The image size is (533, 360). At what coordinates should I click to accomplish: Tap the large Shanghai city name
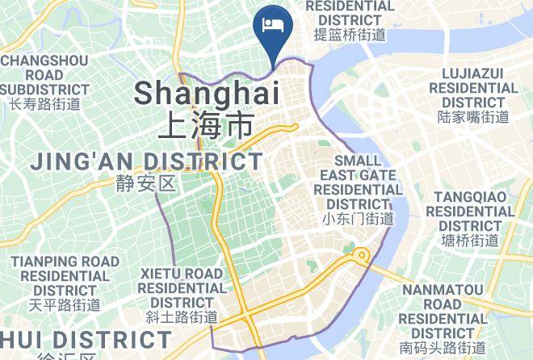206,93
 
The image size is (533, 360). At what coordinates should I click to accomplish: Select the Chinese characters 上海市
206,125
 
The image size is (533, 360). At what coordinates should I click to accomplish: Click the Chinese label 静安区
145,184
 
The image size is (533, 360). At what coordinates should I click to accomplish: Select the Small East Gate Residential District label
357,182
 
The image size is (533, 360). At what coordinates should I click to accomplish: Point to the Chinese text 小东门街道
357,219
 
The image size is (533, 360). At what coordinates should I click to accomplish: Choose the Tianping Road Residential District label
65,276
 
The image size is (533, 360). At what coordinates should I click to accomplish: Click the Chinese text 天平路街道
65,305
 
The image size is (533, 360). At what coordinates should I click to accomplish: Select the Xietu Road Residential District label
182,288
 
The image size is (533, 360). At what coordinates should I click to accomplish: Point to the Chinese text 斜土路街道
182,317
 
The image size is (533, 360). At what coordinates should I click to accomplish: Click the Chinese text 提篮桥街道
350,35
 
